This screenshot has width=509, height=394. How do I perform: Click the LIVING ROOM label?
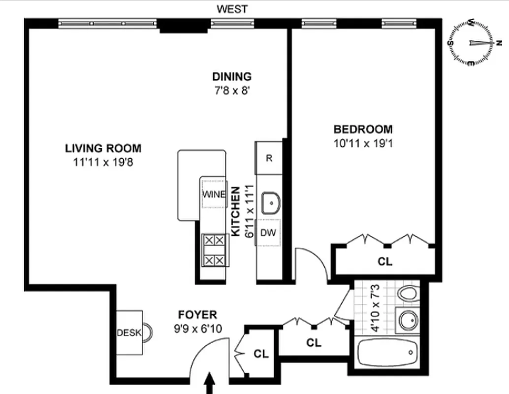[103, 148]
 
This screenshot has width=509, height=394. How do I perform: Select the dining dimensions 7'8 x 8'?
[232, 90]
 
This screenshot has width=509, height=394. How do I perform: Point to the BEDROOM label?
[363, 130]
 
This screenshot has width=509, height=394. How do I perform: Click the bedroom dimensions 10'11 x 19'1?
[363, 144]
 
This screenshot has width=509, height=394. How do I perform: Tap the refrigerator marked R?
[269, 158]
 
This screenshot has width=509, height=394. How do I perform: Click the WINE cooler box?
[214, 194]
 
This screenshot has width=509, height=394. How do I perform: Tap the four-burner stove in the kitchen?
[214, 250]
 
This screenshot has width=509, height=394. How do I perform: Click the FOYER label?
[197, 315]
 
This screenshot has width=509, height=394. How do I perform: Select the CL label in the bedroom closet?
[385, 262]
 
